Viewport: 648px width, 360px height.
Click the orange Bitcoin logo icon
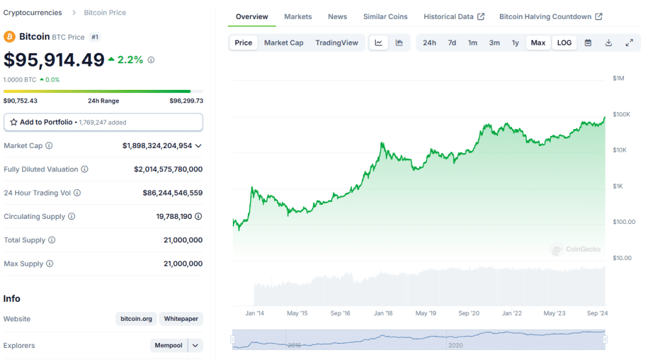pos(9,37)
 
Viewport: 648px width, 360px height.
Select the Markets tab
pos(297,16)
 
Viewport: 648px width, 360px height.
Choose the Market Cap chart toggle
pos(283,43)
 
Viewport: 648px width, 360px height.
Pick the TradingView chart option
pos(337,43)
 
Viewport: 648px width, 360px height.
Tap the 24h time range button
pos(429,43)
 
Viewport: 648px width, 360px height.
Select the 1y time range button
pos(515,43)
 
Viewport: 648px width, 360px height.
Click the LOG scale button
pos(564,43)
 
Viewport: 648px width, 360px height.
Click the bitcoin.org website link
pos(136,319)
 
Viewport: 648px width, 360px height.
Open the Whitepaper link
pos(181,319)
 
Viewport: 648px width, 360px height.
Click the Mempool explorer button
pos(169,345)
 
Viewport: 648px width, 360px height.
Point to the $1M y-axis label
pos(618,78)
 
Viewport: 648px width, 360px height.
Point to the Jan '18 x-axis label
pos(383,313)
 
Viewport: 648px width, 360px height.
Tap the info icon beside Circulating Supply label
pos(72,216)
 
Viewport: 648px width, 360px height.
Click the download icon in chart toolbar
pos(608,43)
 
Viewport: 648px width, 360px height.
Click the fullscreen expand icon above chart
pos(629,43)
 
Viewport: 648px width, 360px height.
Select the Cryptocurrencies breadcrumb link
pos(33,13)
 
